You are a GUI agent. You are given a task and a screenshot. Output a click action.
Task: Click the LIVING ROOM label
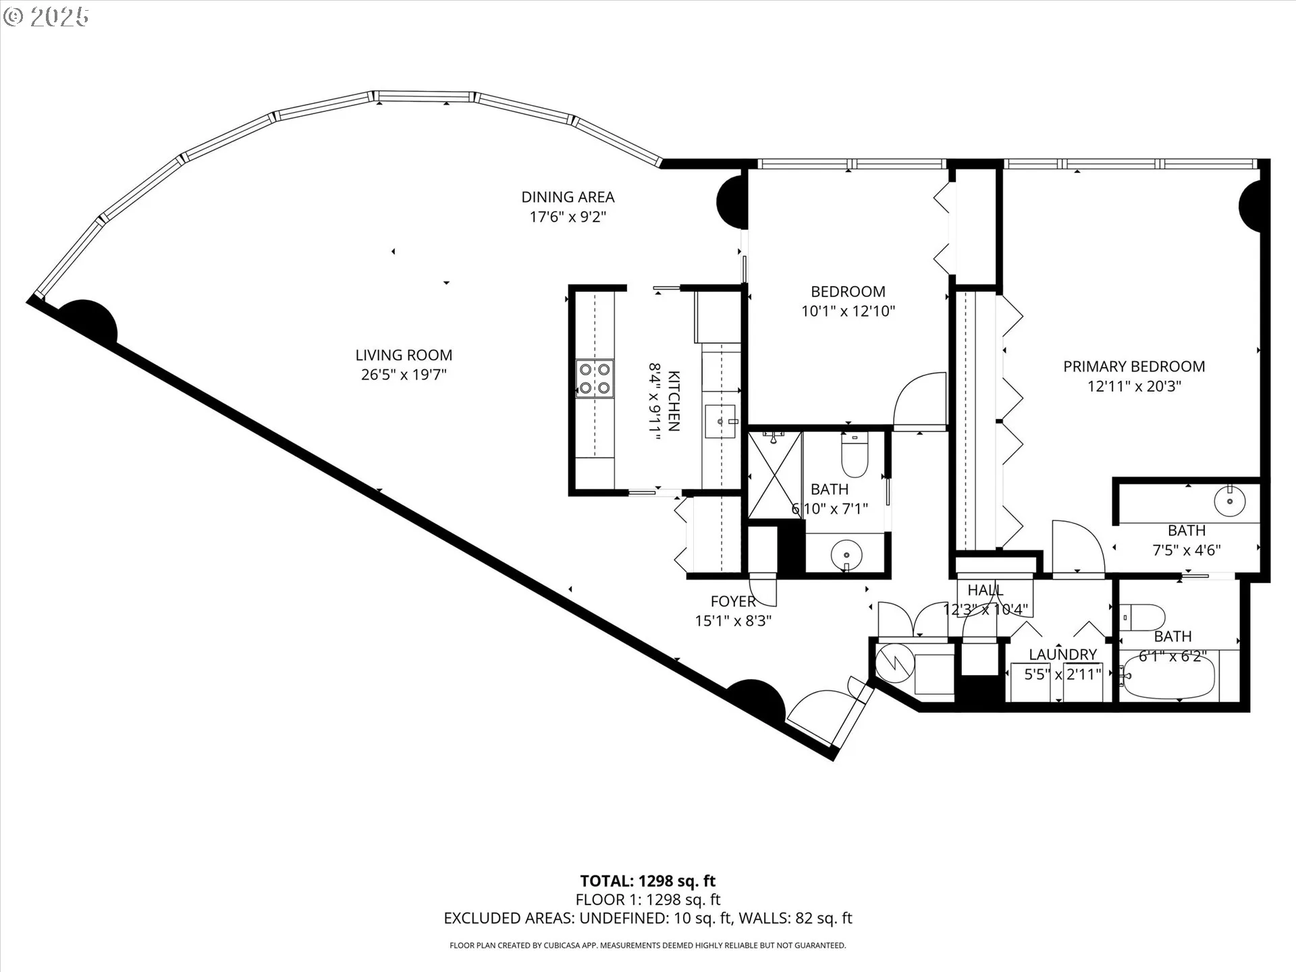[404, 355]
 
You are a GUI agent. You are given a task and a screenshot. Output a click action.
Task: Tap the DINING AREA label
[568, 197]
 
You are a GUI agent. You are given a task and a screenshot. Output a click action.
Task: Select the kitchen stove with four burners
[595, 379]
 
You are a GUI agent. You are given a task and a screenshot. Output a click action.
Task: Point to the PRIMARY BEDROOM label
[1134, 367]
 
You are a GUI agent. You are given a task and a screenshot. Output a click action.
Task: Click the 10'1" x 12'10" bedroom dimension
[848, 311]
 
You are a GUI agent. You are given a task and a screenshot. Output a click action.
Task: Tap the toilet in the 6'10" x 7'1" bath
[855, 453]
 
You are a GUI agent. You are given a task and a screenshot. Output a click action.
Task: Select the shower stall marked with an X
[775, 475]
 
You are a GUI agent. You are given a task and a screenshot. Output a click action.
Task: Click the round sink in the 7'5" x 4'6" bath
[1229, 501]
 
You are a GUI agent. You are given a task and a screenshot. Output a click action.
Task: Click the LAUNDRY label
[1062, 654]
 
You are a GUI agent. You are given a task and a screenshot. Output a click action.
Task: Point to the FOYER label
[733, 601]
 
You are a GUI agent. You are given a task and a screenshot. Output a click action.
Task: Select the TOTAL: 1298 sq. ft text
[648, 881]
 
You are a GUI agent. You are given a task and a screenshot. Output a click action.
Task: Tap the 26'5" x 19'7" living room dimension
[404, 375]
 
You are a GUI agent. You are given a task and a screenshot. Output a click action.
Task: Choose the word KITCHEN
[674, 400]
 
